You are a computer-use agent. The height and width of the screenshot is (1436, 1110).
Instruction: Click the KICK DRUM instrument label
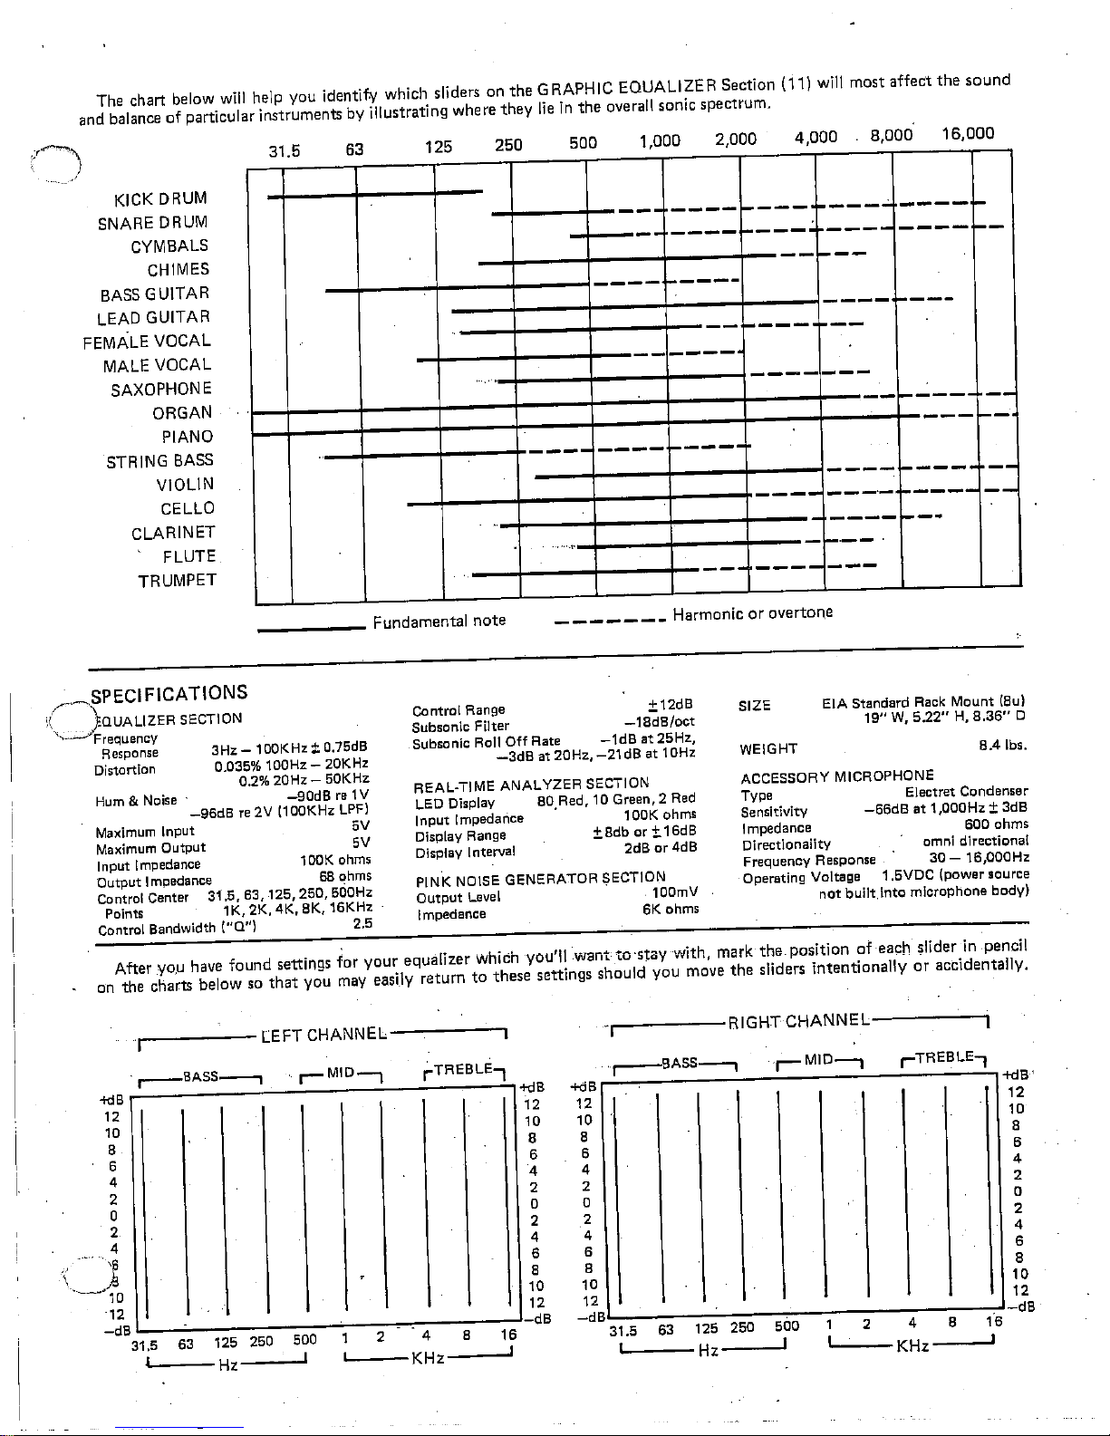pyautogui.click(x=160, y=198)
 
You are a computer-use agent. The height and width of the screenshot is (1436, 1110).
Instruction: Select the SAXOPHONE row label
pyautogui.click(x=161, y=390)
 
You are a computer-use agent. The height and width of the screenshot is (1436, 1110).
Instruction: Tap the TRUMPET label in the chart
pyautogui.click(x=178, y=581)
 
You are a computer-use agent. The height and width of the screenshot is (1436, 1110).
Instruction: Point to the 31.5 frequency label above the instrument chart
pyautogui.click(x=285, y=150)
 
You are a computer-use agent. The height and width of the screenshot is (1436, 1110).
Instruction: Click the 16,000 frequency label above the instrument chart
pyautogui.click(x=968, y=134)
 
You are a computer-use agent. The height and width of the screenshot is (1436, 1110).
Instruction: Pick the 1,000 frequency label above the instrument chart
pyautogui.click(x=660, y=141)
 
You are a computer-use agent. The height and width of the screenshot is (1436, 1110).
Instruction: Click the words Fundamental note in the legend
pyautogui.click(x=439, y=621)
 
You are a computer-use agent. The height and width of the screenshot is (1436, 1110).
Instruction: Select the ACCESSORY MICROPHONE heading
pyautogui.click(x=836, y=776)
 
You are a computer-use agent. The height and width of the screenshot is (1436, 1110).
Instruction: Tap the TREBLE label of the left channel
pyautogui.click(x=463, y=1070)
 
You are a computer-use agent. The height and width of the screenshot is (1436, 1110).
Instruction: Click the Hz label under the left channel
pyautogui.click(x=227, y=1364)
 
